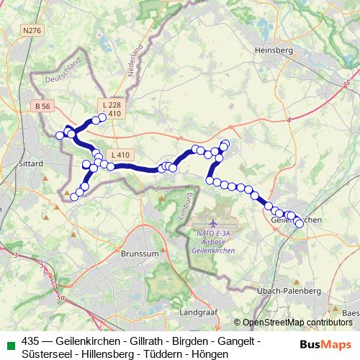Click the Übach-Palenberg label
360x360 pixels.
tap(288, 290)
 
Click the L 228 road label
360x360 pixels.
tap(111, 105)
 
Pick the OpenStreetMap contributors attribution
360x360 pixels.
tap(296, 323)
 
